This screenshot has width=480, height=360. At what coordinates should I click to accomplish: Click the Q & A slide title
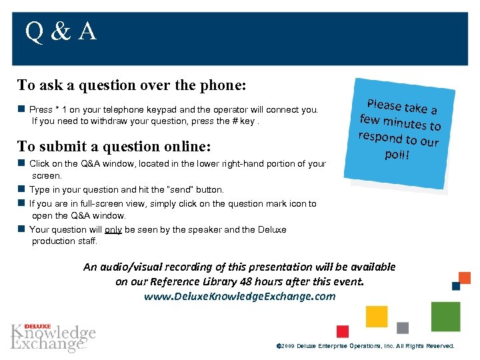point(61,32)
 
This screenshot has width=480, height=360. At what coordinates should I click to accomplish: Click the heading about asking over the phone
point(132,85)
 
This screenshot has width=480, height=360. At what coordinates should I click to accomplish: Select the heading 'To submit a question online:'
point(114,146)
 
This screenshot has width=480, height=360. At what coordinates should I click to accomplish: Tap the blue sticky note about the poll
point(400,133)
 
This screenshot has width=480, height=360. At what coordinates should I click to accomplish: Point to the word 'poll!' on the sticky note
point(397,155)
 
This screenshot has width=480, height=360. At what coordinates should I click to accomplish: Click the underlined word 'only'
point(113,230)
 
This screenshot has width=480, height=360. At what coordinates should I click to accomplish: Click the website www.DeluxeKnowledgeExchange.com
point(239,296)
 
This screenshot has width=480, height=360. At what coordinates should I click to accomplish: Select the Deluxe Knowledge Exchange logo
point(53,337)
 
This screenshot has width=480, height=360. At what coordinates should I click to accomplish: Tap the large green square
point(445,317)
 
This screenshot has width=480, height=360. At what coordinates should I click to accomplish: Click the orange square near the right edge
point(465,278)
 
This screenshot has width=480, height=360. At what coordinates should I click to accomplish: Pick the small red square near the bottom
point(343,331)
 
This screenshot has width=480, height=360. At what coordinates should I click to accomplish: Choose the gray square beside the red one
point(403,328)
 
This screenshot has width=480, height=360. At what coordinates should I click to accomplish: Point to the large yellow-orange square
point(377,317)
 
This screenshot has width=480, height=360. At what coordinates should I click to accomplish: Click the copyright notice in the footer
point(365,346)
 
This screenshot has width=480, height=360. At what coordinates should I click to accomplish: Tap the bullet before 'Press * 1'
point(21,109)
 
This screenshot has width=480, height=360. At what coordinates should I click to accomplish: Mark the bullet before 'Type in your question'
point(21,190)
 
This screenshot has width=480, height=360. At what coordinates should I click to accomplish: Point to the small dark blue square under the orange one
point(456,286)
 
